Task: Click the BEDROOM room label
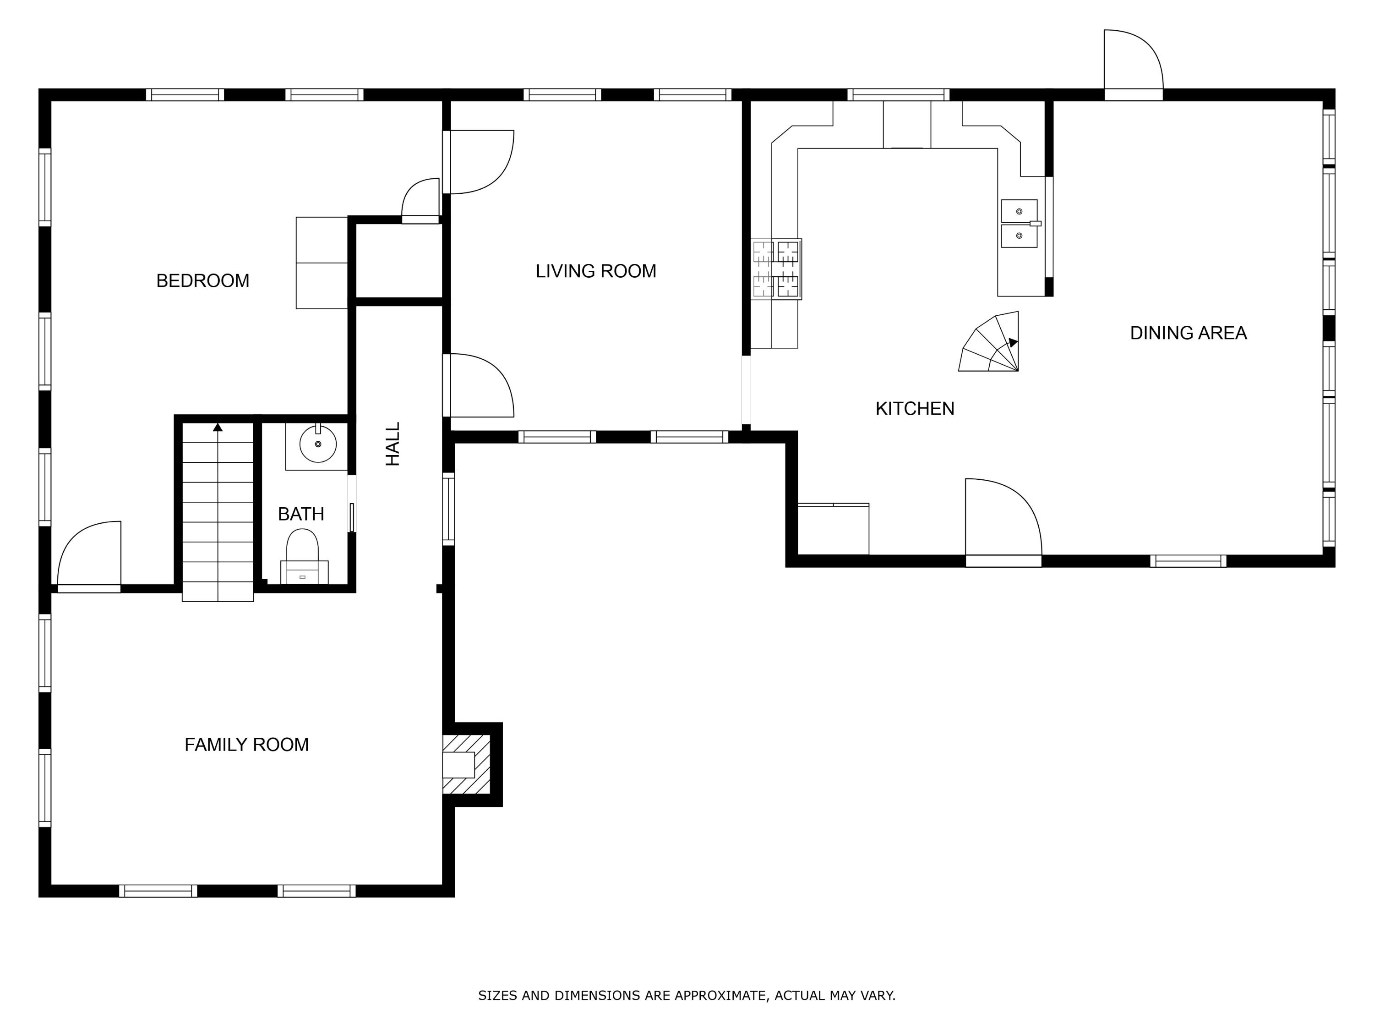(x=202, y=281)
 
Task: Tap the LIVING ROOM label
(x=596, y=271)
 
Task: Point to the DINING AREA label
(x=1188, y=333)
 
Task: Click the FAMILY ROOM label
(x=246, y=745)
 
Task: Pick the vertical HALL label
(x=393, y=444)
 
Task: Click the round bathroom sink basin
(x=318, y=444)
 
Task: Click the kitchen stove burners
(x=776, y=269)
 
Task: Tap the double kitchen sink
(x=1020, y=224)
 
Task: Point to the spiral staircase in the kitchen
(x=989, y=341)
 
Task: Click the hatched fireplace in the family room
(x=466, y=764)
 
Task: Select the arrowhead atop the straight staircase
(x=218, y=427)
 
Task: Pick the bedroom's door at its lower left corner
(x=89, y=556)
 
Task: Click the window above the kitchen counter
(x=898, y=95)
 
